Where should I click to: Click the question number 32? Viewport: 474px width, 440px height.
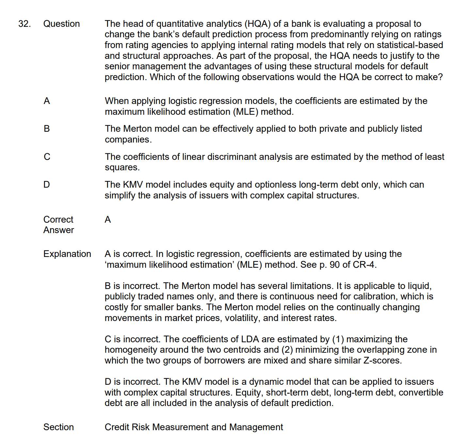pos(24,24)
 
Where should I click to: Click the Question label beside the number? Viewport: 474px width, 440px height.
pos(61,24)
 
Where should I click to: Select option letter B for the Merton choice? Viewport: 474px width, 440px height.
pos(47,129)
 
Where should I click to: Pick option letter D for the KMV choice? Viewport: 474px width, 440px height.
pos(47,185)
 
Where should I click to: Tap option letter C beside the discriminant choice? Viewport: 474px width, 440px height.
pos(47,157)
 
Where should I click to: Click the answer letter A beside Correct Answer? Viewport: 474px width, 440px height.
pos(108,220)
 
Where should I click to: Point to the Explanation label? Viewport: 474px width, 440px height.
pos(67,254)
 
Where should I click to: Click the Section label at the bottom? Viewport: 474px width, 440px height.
pos(58,427)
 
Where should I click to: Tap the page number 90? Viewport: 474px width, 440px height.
pos(335,265)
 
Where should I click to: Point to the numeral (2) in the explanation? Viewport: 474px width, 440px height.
pos(287,350)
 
